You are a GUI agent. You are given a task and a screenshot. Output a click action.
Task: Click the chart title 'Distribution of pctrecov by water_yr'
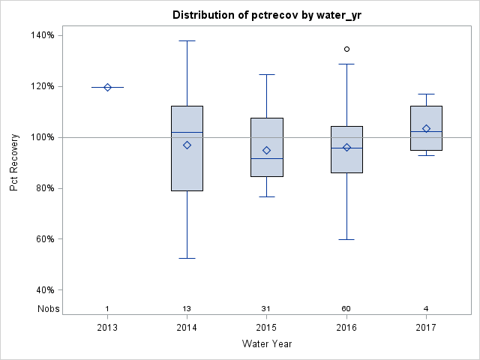[x=265, y=15]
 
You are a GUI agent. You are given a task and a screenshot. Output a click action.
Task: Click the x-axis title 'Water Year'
[x=266, y=344]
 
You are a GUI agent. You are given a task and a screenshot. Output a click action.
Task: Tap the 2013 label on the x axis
[x=107, y=328]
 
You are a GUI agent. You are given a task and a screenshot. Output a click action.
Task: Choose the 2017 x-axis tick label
[x=426, y=328]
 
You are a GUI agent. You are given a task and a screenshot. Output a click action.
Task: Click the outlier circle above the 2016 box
[x=346, y=49]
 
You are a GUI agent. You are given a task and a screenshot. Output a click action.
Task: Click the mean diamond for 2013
[x=107, y=87]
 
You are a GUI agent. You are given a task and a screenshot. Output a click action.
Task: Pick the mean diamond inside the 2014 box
[x=187, y=145]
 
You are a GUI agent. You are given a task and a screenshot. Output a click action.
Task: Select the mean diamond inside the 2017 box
[x=426, y=128]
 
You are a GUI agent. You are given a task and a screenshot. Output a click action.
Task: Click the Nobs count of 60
[x=346, y=309]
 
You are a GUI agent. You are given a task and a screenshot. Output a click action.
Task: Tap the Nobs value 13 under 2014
[x=187, y=309]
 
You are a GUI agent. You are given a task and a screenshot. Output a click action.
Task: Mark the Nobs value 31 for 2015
[x=267, y=309]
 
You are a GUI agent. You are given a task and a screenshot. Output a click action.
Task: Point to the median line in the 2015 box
[x=267, y=159]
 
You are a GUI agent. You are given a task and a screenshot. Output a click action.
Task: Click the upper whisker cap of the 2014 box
[x=187, y=40]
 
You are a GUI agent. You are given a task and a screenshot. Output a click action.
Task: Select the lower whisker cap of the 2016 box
[x=346, y=239]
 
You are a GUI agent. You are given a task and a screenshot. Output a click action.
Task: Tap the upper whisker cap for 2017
[x=426, y=94]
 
